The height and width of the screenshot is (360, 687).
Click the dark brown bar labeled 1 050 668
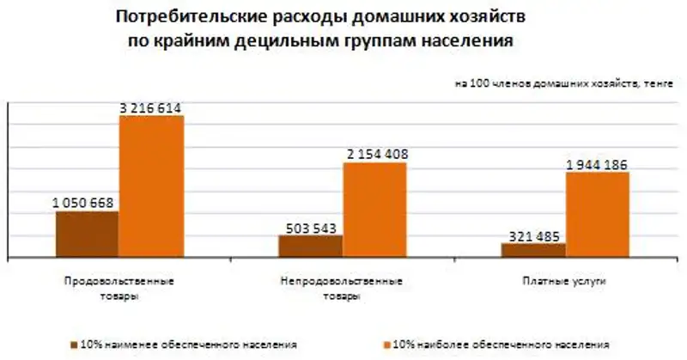pyautogui.click(x=87, y=235)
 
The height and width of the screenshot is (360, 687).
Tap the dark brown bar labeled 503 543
pyautogui.click(x=310, y=247)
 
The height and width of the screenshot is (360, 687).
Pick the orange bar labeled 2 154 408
pyautogui.click(x=375, y=211)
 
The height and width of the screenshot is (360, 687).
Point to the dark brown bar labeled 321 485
pyautogui.click(x=533, y=250)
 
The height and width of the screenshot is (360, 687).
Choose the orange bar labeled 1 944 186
pyautogui.click(x=598, y=215)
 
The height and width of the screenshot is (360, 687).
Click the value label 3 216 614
pyautogui.click(x=151, y=107)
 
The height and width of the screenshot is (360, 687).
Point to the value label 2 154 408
pyautogui.click(x=375, y=155)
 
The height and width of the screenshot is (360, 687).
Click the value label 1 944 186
pyautogui.click(x=599, y=164)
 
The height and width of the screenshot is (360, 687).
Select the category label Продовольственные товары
pyautogui.click(x=119, y=288)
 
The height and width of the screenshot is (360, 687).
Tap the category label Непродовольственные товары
pyautogui.click(x=343, y=288)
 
